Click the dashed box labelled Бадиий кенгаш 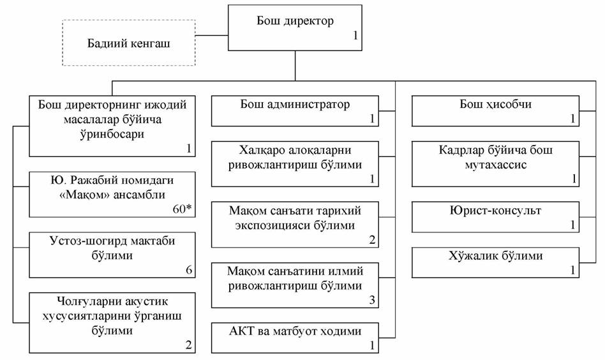pos(129,43)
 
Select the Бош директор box pos(295,28)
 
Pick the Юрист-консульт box pos(495,216)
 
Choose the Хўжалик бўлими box pos(495,262)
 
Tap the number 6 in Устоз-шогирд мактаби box pos(189,270)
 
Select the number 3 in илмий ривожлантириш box pos(371,299)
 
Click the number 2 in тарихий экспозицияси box pos(371,239)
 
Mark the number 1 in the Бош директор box pos(355,37)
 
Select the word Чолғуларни pos(77,301)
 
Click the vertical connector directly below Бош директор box pos(295,66)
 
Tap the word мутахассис pos(495,165)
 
